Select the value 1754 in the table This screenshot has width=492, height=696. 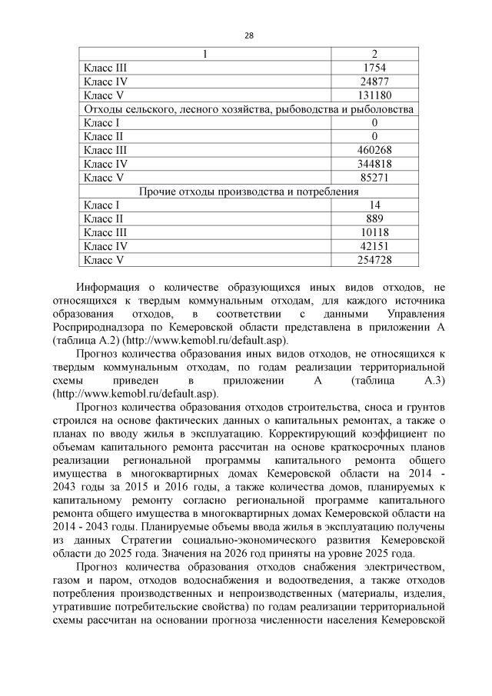click(x=374, y=68)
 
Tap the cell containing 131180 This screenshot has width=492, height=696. click(x=374, y=95)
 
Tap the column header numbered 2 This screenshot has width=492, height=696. click(x=374, y=54)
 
